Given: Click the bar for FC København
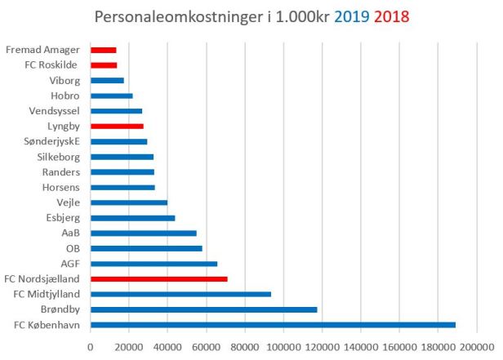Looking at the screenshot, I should (x=273, y=325).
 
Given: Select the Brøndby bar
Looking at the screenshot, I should (x=203, y=309).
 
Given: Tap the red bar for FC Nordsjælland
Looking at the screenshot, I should (x=158, y=279).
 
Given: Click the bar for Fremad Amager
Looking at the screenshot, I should (x=103, y=50).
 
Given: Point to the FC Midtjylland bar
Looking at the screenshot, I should (x=180, y=294).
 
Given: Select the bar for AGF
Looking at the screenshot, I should (x=154, y=264).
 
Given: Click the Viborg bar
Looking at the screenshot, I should (x=107, y=80).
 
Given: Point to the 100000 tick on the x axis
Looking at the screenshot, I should (x=283, y=347).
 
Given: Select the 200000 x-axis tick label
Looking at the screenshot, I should (x=475, y=347).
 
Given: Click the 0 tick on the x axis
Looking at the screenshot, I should (x=91, y=347).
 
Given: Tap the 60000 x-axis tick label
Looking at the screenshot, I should (x=207, y=347).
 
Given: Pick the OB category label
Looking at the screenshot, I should (x=72, y=248).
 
